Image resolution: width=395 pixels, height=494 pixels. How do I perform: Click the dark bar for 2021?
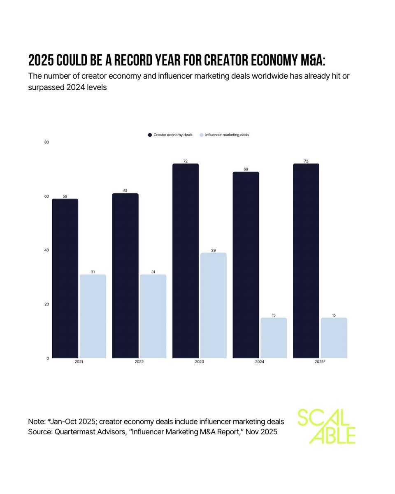[x=65, y=278]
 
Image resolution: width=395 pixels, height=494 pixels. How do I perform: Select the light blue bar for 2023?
[x=213, y=305]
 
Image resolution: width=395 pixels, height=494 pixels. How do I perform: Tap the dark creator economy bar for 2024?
[x=246, y=265]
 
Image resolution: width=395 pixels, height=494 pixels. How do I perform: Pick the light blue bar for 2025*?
[x=334, y=338]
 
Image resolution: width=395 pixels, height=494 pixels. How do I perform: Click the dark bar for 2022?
[x=125, y=275]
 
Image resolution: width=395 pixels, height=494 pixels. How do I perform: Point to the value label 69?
[x=246, y=169]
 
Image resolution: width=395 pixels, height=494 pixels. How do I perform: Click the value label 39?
[x=213, y=250]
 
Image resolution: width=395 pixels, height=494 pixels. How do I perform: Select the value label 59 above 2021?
[x=65, y=196]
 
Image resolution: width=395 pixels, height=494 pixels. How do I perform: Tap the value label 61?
[x=125, y=191]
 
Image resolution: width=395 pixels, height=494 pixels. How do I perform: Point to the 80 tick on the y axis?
[x=46, y=142]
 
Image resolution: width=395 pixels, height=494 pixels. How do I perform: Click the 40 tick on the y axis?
[x=46, y=250]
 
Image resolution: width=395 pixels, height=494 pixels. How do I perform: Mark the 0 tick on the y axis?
[x=48, y=358]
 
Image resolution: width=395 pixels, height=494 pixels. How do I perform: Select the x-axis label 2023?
[x=200, y=362]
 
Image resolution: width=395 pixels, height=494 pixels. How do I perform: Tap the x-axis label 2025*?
[x=320, y=362]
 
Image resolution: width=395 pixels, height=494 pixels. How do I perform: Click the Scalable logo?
[x=326, y=426]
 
